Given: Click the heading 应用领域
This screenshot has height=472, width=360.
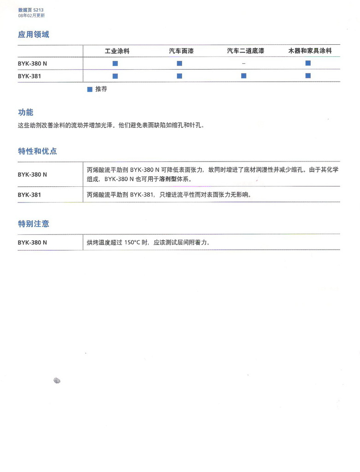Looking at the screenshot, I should tap(33, 35).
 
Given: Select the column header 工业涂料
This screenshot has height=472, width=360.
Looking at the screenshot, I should tap(117, 51).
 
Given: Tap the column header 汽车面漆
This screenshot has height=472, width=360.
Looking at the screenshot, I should tap(181, 51).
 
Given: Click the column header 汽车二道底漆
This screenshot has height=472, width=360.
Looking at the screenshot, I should tap(245, 51).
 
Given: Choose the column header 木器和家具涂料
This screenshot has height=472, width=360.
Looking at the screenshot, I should tap(310, 51).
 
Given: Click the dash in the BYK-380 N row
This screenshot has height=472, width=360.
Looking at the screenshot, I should tap(243, 63).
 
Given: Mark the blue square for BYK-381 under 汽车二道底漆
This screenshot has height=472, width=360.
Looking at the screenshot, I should tap(243, 76).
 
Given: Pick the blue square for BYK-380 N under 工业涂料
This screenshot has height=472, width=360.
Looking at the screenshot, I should tap(115, 63).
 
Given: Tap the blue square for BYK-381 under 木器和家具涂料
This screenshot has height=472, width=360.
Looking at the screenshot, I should tap(308, 76).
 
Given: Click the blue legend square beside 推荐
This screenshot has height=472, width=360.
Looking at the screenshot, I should tap(90, 89).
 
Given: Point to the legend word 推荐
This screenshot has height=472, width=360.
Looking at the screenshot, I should tap(101, 89).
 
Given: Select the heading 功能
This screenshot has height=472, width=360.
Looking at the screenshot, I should tap(25, 113).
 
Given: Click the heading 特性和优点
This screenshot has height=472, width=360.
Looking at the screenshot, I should tap(37, 151).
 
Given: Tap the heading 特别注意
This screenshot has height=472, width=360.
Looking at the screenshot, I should tap(33, 224).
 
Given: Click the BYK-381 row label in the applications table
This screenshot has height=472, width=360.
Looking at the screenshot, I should tap(30, 76).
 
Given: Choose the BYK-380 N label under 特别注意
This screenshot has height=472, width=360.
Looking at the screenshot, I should tap(32, 242).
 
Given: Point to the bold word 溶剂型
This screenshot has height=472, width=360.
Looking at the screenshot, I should tap(168, 179).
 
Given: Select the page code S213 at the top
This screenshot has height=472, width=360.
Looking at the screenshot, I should tap(39, 10).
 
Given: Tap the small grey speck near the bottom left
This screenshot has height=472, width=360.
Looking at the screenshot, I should tap(57, 380).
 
